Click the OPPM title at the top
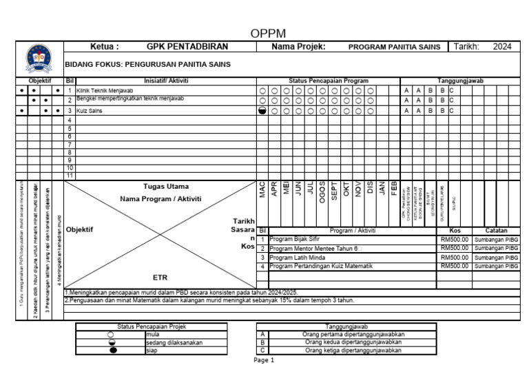coord(268,34)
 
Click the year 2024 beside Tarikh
coord(502,48)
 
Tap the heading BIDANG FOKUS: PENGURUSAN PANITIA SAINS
coord(147,65)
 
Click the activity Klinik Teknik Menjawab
coord(105,91)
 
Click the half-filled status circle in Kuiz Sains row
coord(262,110)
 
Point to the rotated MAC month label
coord(262,190)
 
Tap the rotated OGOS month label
coord(322,190)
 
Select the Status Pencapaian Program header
coord(328,81)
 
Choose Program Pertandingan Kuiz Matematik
coord(320,266)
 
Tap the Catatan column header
coord(496,231)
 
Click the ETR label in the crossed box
coord(160,277)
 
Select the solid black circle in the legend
coord(112,350)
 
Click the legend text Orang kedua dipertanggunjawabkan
coord(353,342)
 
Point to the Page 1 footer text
coord(264,360)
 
